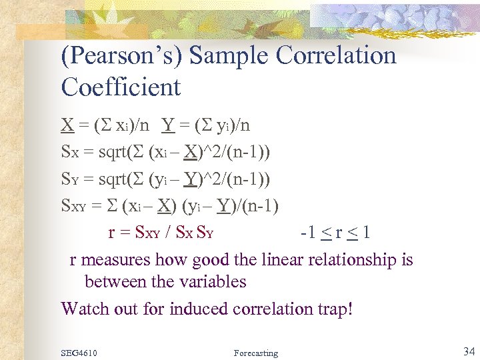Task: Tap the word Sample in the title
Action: [x=231, y=56]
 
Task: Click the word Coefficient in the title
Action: [x=121, y=87]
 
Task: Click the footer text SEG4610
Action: [x=79, y=353]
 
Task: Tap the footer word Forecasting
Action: [x=257, y=353]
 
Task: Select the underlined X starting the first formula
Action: [x=67, y=125]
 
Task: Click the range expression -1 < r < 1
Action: [x=335, y=233]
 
